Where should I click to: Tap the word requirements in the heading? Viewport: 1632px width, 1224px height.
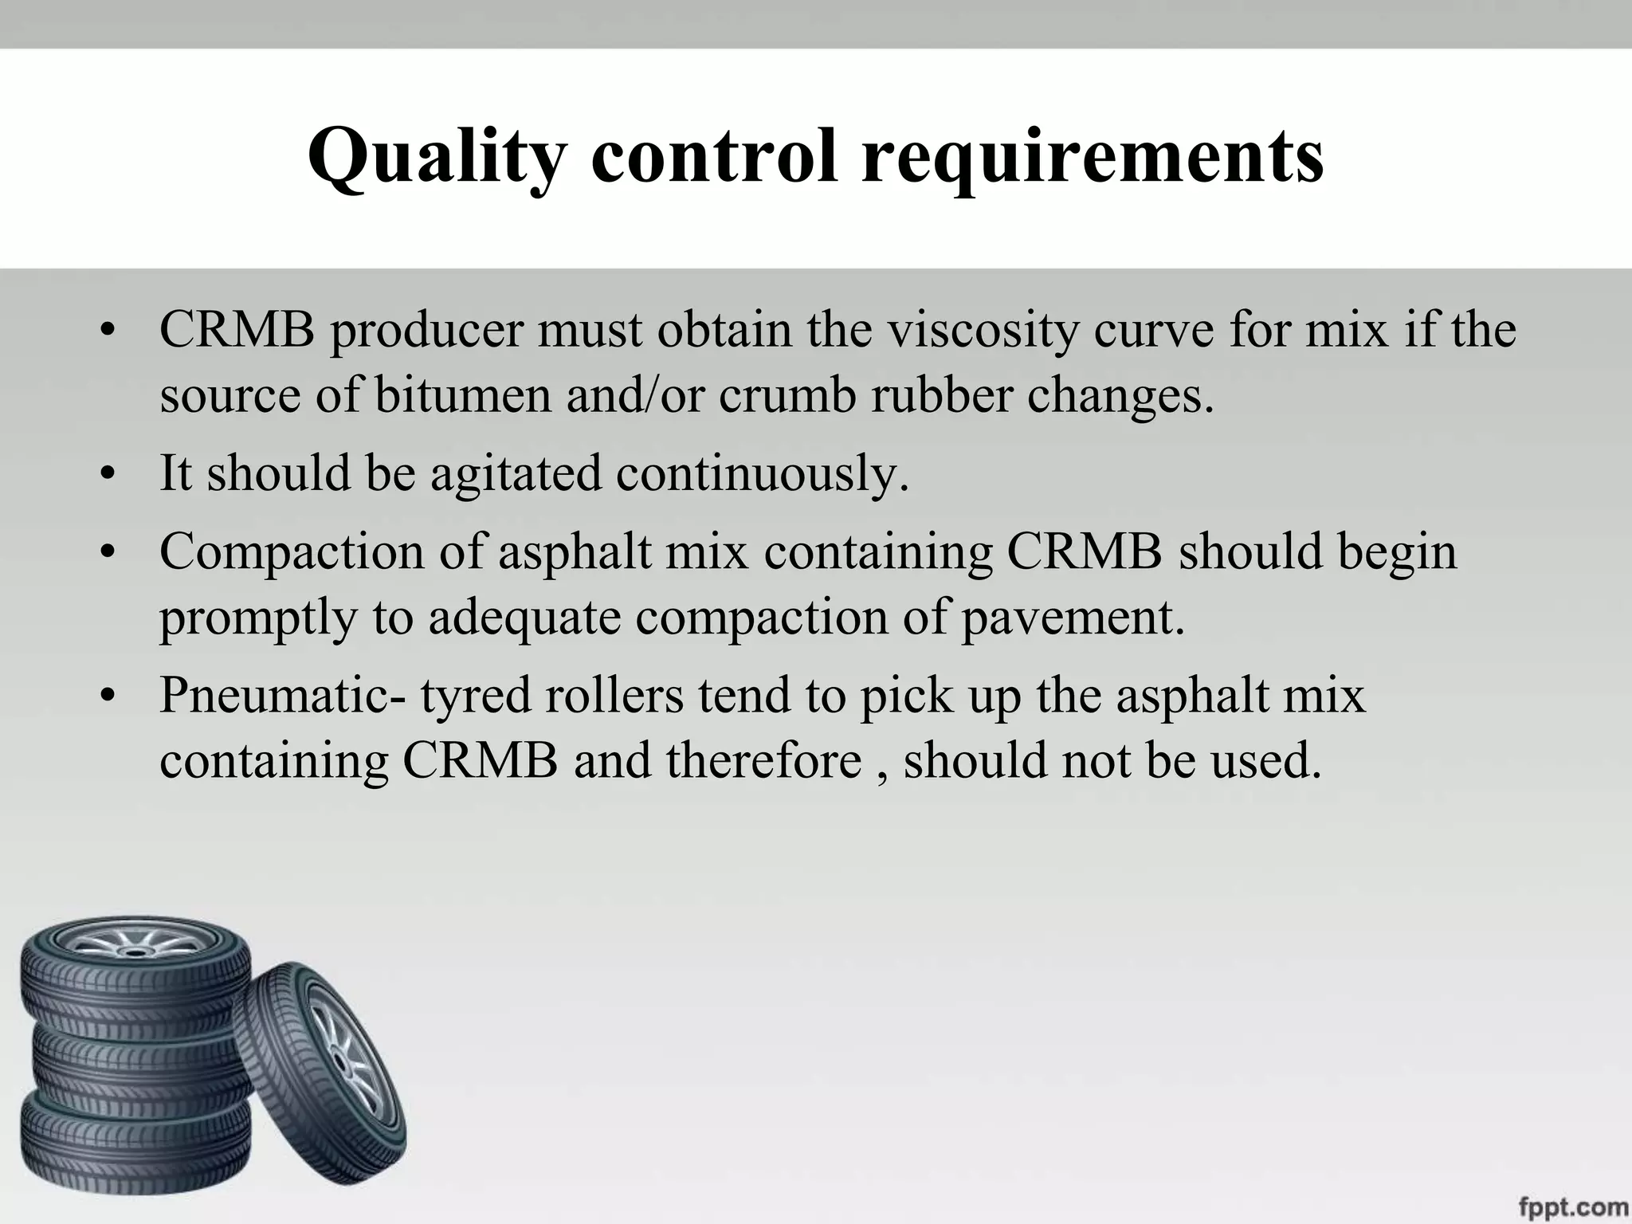tap(1093, 158)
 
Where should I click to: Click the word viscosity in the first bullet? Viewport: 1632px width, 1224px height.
tap(983, 330)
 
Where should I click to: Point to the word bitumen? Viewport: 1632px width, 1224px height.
tap(462, 395)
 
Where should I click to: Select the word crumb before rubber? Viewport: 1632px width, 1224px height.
tap(787, 395)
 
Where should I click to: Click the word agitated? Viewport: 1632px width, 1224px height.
tap(515, 473)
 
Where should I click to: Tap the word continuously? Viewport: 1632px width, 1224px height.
tap(762, 473)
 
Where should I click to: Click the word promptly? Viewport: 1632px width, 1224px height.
tap(257, 618)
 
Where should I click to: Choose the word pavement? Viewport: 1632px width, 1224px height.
tap(1073, 617)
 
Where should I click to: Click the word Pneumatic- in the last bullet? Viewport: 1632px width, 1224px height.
tap(282, 695)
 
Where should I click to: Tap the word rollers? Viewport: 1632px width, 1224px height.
tap(614, 695)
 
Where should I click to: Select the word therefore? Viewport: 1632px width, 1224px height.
tap(764, 760)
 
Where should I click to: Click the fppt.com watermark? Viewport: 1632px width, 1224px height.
tap(1572, 1206)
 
